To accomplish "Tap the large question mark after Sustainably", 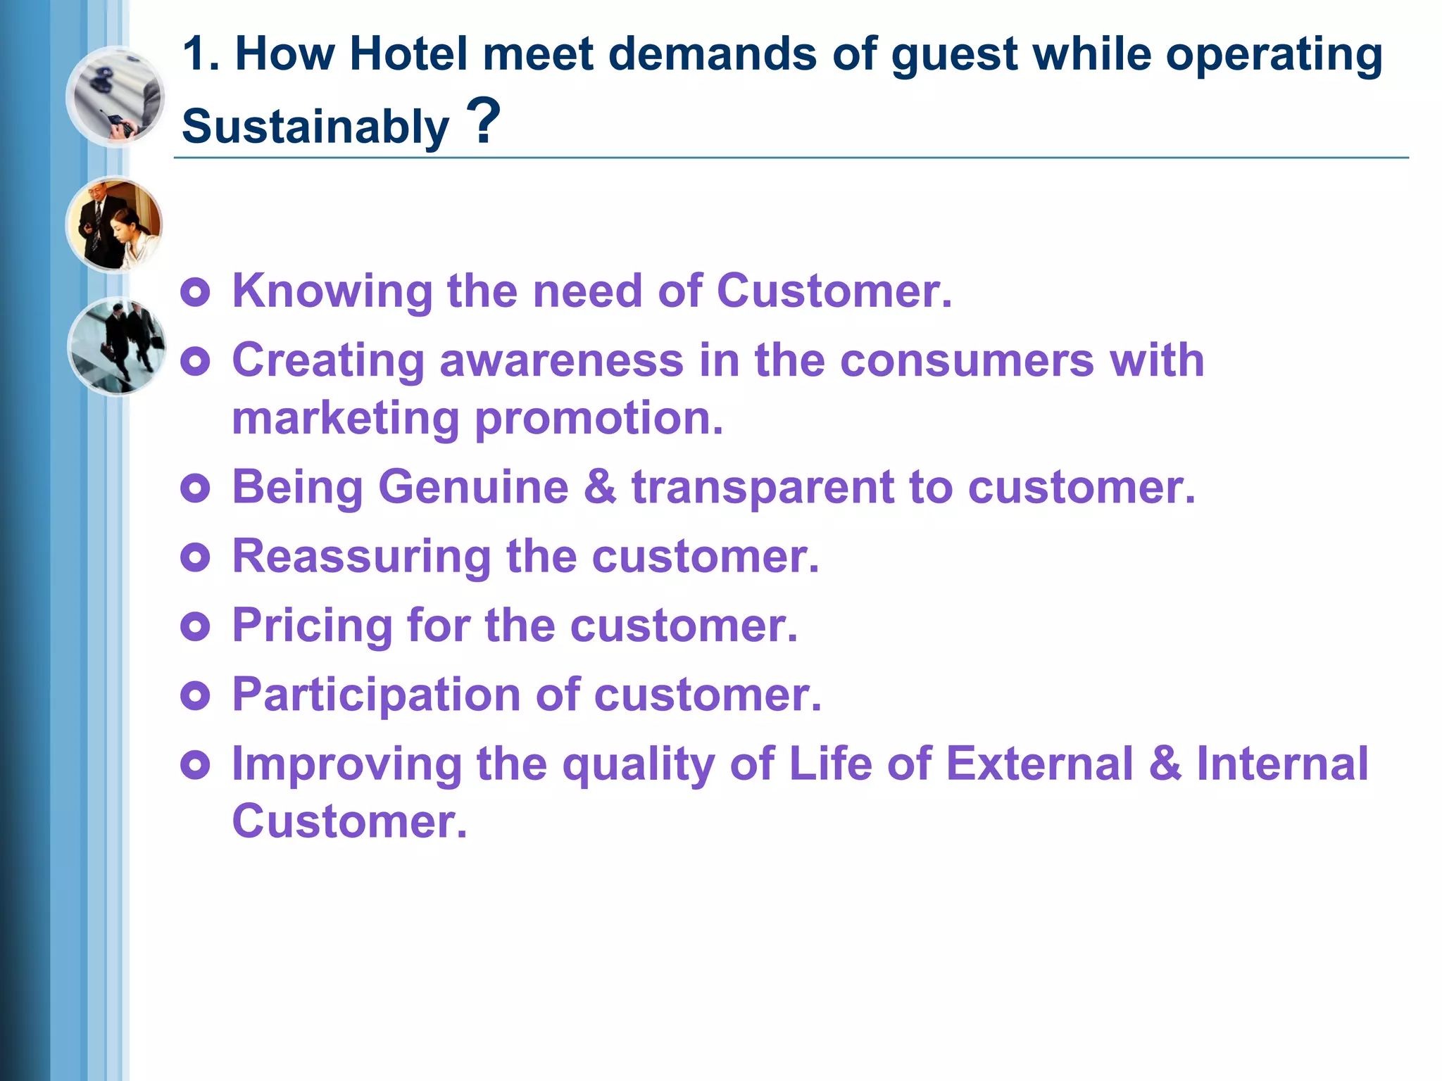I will (x=484, y=121).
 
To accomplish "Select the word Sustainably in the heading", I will (x=315, y=127).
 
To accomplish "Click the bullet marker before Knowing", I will (x=195, y=292).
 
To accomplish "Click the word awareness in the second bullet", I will (x=561, y=360).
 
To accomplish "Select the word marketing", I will (x=346, y=418).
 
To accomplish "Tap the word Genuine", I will (x=473, y=487).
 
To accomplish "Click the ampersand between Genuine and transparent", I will (x=600, y=487).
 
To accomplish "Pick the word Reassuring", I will (x=361, y=556).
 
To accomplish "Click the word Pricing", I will (x=312, y=626).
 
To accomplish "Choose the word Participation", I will (x=377, y=695).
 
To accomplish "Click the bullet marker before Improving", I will (x=195, y=764).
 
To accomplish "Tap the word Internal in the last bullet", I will (x=1282, y=764).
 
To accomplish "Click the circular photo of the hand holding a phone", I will (x=115, y=96).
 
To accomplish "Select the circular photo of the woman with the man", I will (x=115, y=225).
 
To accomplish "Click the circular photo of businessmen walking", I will (x=117, y=346).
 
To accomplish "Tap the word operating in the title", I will (x=1274, y=54).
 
